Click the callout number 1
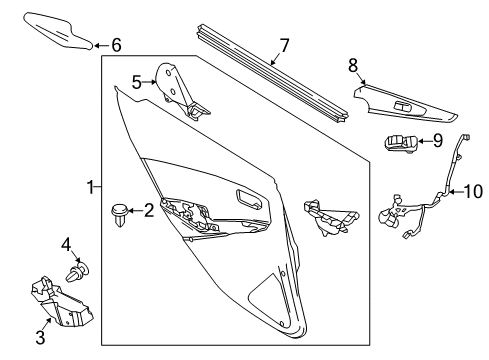91,187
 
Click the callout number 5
137,82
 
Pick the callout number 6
116,45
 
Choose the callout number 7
284,45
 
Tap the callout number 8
352,65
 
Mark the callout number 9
437,141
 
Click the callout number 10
471,190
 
